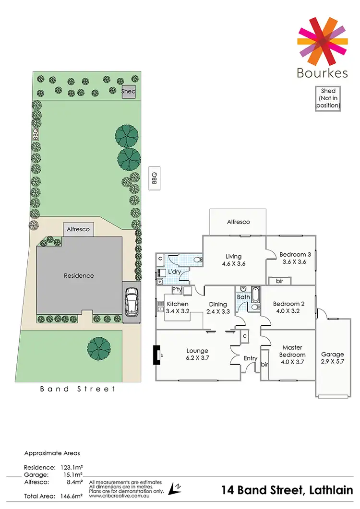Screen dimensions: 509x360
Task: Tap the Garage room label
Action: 332,358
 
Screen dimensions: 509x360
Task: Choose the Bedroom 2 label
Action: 288,307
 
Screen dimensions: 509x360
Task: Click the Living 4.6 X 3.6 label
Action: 234,260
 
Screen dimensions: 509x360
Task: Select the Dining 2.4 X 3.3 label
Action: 217,308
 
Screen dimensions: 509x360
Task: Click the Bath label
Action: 243,297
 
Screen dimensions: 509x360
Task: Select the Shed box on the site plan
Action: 128,92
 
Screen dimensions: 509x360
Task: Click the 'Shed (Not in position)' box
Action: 328,98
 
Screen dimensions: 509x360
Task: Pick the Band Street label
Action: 77,389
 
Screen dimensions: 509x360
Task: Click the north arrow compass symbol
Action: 175,488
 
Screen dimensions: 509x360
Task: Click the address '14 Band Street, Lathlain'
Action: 287,490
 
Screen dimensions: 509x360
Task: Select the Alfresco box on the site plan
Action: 78,230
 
